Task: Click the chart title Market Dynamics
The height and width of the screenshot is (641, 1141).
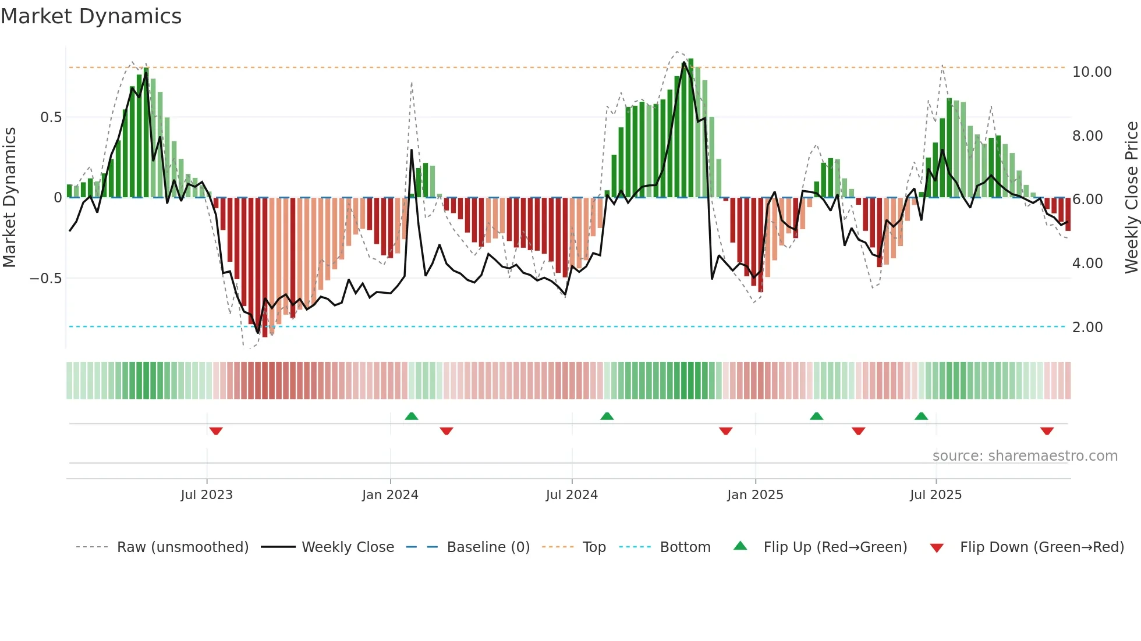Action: coord(91,16)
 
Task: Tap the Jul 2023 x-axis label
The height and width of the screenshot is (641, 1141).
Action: coord(207,495)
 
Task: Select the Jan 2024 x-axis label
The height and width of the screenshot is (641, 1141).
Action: coord(390,495)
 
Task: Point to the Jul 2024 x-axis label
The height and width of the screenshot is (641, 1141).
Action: coord(572,495)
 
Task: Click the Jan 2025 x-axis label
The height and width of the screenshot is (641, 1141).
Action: coord(755,495)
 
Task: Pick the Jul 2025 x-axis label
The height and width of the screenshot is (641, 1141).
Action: coord(936,495)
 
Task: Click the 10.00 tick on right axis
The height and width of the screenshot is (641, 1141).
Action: coord(1092,72)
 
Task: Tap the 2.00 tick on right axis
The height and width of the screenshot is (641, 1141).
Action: coord(1087,327)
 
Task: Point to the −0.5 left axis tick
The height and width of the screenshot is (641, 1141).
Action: coord(45,279)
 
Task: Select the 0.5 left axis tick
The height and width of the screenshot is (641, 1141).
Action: coord(51,117)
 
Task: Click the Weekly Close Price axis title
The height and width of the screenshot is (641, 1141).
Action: coord(1131,197)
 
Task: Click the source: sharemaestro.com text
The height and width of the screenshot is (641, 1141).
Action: coord(1025,456)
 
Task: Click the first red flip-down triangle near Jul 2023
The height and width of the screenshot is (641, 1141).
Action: coord(216,431)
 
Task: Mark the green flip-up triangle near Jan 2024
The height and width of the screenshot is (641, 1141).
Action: coord(412,416)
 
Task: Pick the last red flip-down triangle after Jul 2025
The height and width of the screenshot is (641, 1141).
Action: coord(1047,431)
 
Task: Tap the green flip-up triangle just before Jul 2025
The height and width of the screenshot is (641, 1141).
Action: coord(921,416)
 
